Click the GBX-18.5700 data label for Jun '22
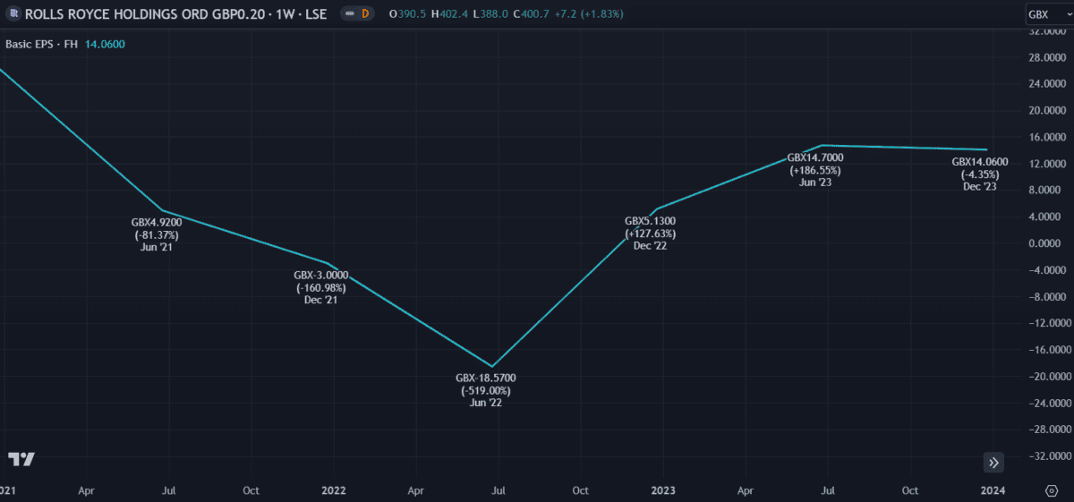point(486,379)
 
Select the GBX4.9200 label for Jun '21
point(156,223)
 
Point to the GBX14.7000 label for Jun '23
point(814,157)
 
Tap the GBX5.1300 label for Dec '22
point(650,221)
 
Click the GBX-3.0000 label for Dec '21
point(320,276)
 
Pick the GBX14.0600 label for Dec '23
point(979,162)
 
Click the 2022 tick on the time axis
point(334,490)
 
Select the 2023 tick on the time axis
point(663,490)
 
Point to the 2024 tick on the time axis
point(992,490)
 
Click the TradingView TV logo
point(21,459)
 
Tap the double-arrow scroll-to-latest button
point(993,463)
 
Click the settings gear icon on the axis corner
point(1052,490)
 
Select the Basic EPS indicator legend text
point(42,44)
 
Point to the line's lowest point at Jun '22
point(491,366)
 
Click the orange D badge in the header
point(364,14)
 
